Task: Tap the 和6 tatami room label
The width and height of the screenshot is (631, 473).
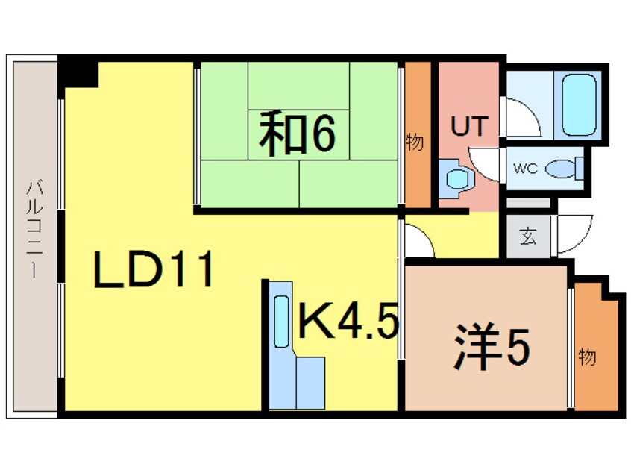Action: click(297, 134)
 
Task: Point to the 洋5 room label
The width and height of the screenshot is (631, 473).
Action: click(492, 347)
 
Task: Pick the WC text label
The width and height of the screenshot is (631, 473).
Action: click(525, 169)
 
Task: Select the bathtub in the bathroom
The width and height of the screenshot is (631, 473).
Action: click(579, 104)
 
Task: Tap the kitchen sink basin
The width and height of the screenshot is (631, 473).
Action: click(281, 322)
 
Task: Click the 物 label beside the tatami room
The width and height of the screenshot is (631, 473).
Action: click(415, 142)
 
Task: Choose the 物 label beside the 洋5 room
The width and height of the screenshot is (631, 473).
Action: click(588, 357)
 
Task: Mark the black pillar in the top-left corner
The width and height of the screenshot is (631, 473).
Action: click(79, 72)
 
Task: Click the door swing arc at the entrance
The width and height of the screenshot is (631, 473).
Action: click(571, 233)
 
